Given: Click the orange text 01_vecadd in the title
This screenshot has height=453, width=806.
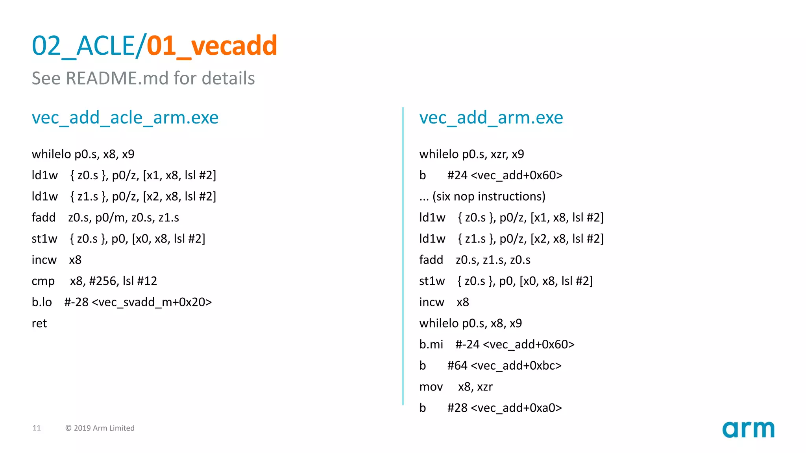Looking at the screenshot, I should tap(212, 46).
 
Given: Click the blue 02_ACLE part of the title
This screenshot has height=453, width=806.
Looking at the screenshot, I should tap(83, 46).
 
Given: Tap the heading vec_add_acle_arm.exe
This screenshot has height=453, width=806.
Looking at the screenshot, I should tap(125, 118).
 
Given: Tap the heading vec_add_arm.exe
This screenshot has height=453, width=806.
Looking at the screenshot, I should tap(491, 118).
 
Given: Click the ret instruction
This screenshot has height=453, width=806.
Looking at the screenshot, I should tap(39, 323).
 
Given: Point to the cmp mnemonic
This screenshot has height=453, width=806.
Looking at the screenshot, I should tap(43, 281).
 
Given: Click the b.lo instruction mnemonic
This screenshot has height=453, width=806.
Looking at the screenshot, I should tap(42, 302).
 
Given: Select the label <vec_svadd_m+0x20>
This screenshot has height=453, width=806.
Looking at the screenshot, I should tap(152, 302).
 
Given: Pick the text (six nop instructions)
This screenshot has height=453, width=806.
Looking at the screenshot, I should tap(489, 196).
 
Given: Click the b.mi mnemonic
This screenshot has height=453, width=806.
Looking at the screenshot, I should tap(431, 344).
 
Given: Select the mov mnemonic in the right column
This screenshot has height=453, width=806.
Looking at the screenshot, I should tap(431, 387).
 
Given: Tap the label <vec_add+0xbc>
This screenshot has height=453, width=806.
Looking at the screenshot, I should tap(516, 366).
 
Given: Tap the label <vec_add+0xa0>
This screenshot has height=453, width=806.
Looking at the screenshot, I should tap(516, 408).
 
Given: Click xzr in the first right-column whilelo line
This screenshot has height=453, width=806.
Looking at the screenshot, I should tap(499, 154).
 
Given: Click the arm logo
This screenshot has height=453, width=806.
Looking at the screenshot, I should tap(748, 429).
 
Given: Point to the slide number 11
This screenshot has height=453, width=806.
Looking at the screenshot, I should tap(37, 428).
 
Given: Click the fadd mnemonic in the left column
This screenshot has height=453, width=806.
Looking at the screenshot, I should tap(43, 217).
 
